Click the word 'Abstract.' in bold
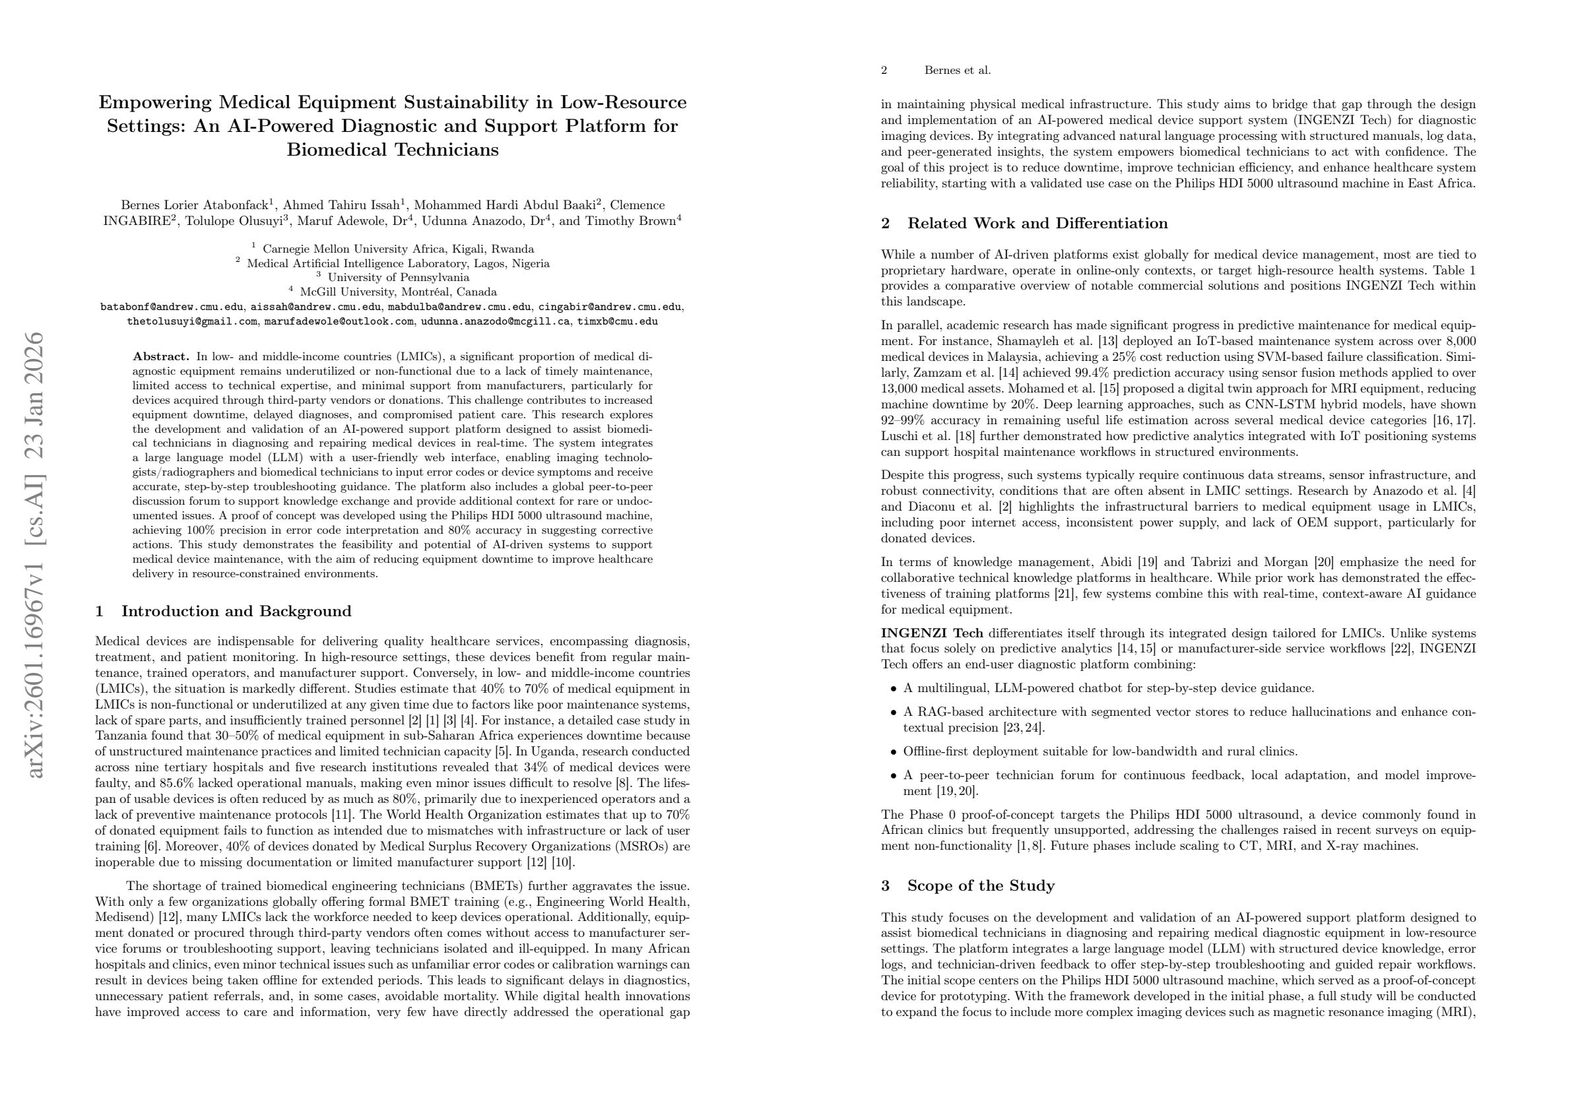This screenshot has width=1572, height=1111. point(161,357)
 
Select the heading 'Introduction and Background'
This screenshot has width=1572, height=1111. point(236,612)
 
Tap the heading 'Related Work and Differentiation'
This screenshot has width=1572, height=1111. point(1037,224)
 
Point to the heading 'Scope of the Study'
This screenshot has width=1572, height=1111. point(981,886)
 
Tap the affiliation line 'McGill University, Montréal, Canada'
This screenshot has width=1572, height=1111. point(398,292)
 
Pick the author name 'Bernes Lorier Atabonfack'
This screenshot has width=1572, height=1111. point(195,205)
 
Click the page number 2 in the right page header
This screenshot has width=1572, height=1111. point(884,71)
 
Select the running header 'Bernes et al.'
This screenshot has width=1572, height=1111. point(957,71)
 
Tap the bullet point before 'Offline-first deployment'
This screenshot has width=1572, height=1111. point(893,752)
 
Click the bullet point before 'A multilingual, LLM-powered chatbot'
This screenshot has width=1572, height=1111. point(893,689)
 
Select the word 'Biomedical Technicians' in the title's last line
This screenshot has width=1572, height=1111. point(392,150)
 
